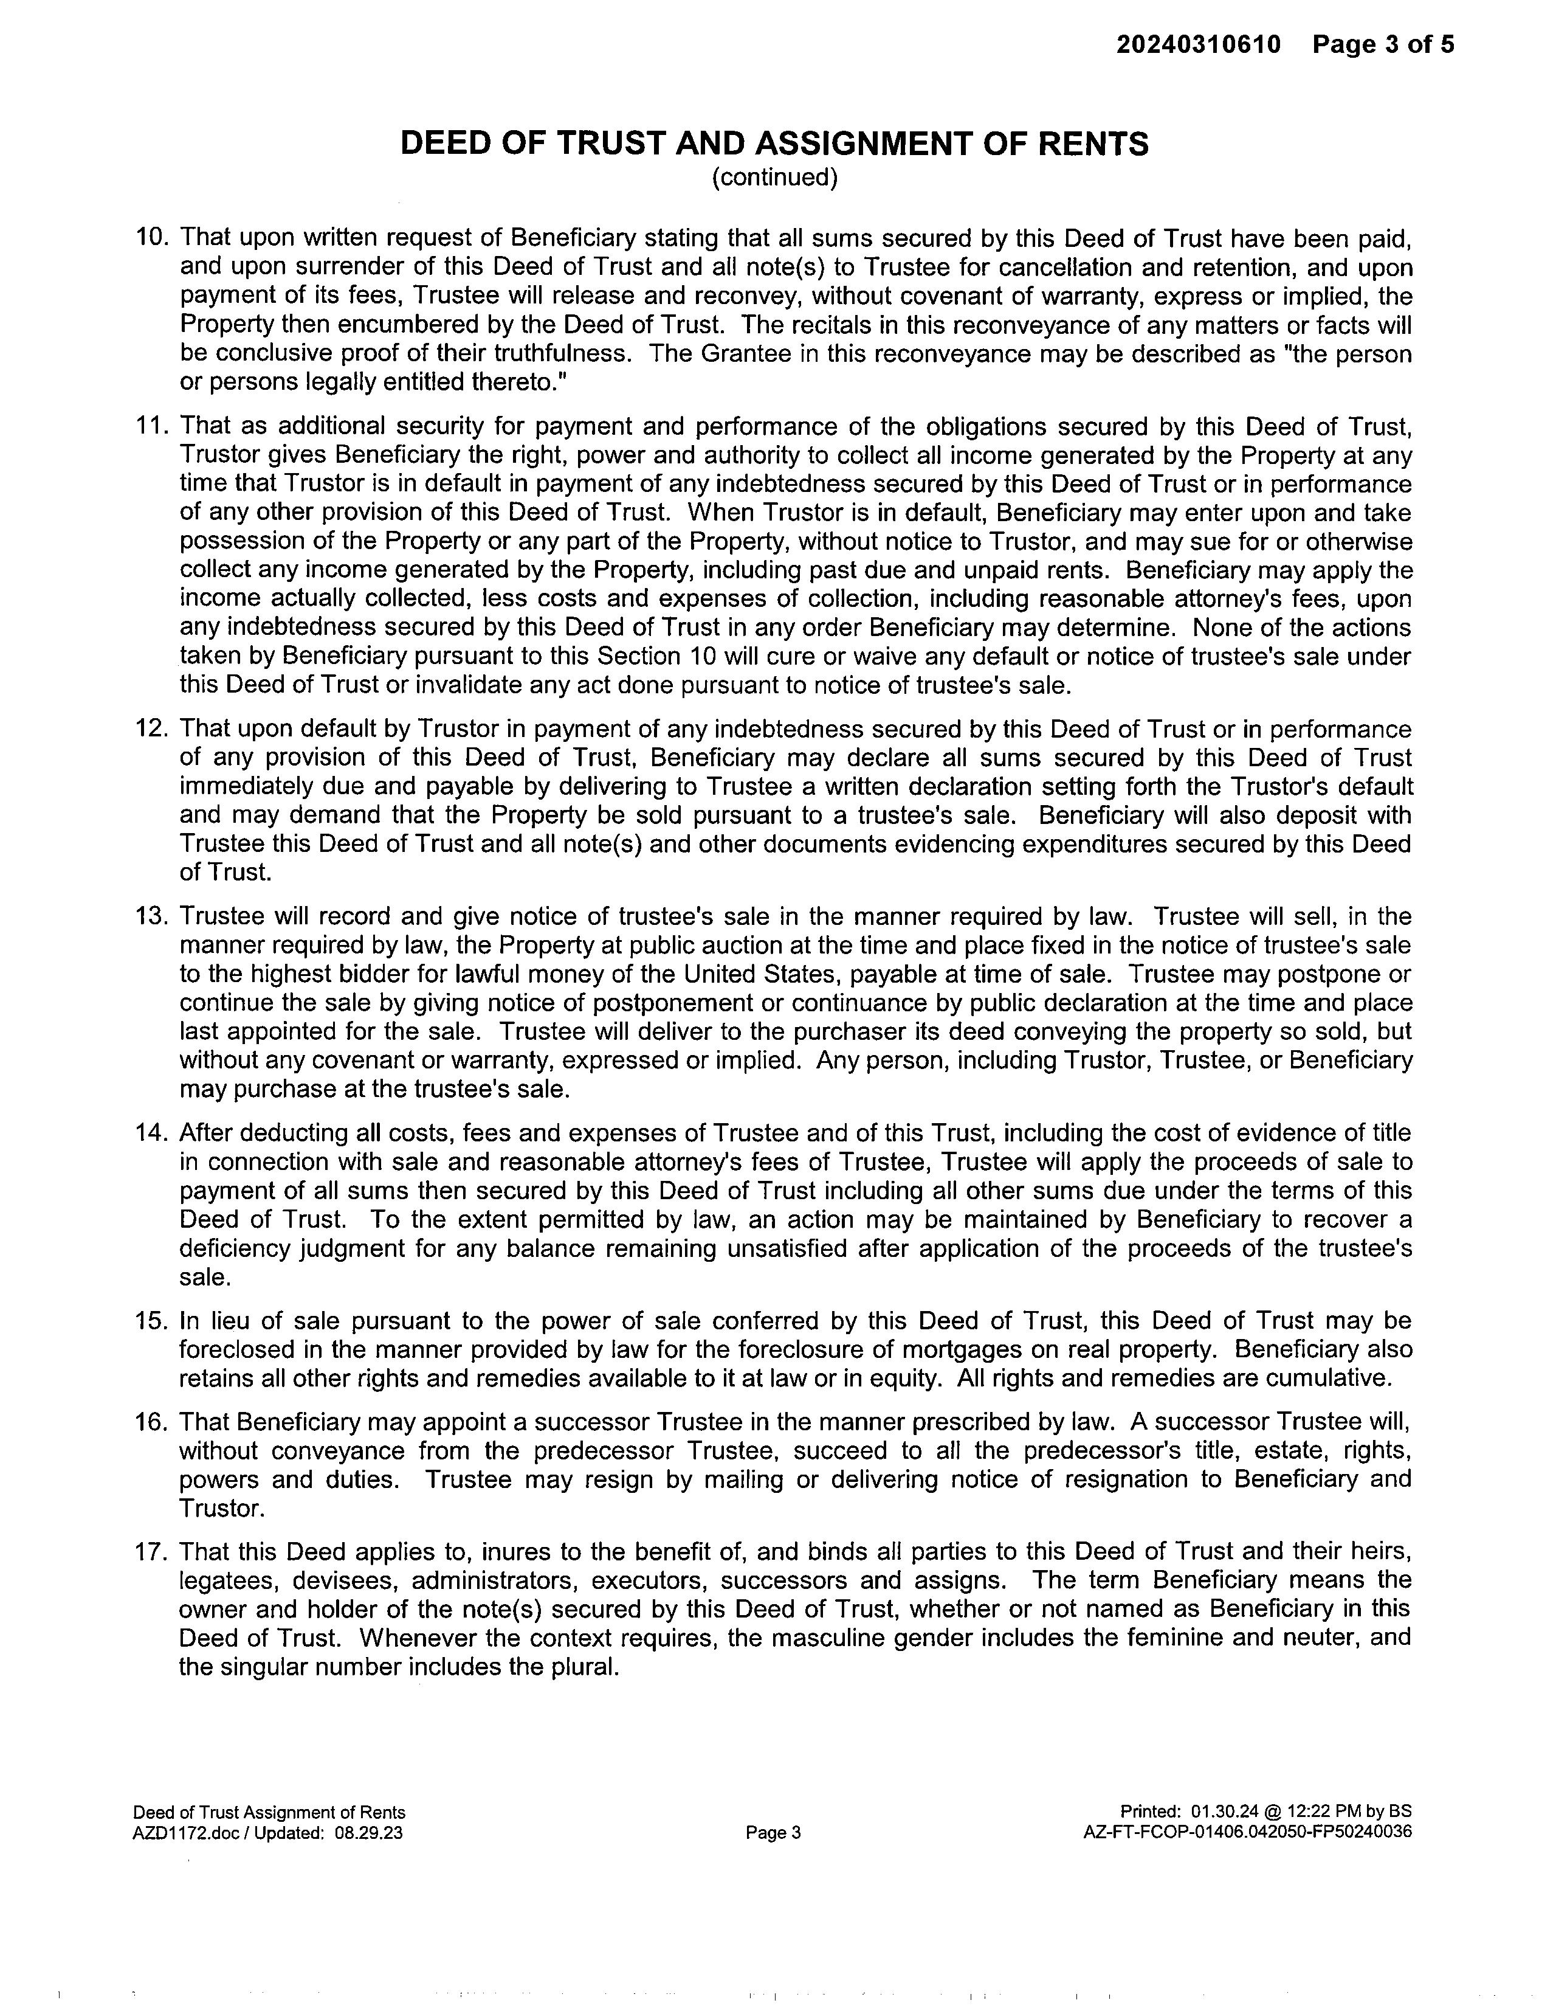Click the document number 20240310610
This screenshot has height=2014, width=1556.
click(1199, 44)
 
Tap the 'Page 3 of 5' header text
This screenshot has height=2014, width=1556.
click(1383, 44)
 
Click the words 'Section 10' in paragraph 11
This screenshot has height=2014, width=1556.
click(660, 657)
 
